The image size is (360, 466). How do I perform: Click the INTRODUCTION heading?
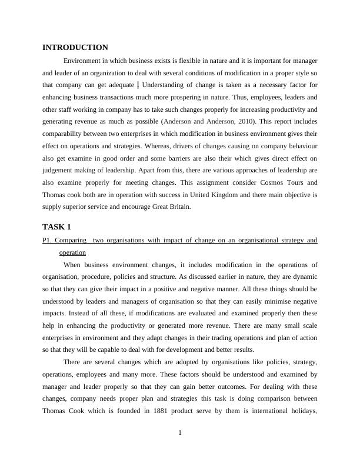pyautogui.click(x=75, y=48)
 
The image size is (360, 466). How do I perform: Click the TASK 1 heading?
pyautogui.click(x=56, y=227)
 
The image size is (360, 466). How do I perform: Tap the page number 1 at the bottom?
pyautogui.click(x=180, y=433)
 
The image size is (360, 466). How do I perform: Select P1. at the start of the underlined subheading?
pyautogui.click(x=48, y=240)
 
